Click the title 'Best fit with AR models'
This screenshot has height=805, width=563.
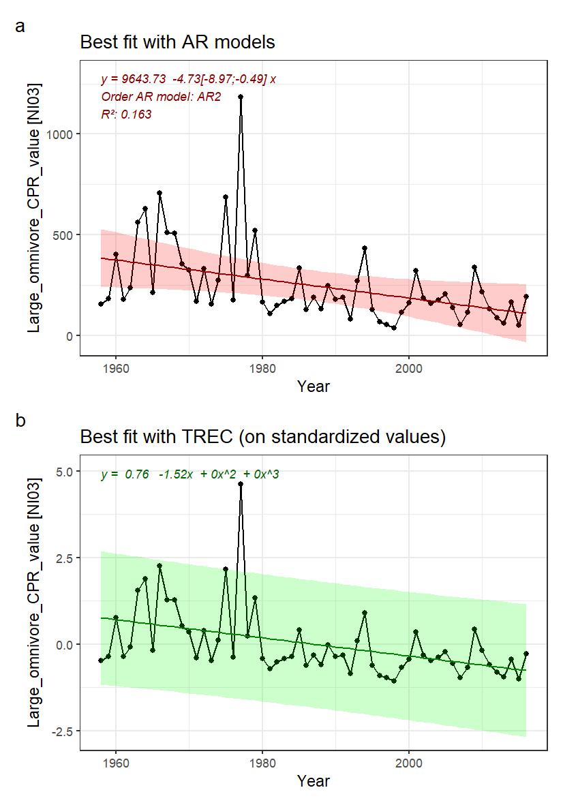click(x=177, y=42)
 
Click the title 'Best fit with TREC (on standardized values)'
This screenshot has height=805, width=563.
click(x=262, y=437)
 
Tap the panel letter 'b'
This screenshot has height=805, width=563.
click(x=20, y=421)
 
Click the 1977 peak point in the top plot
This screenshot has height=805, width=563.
click(x=241, y=97)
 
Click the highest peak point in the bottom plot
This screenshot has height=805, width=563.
click(x=241, y=484)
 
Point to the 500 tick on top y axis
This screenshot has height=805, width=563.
click(x=63, y=235)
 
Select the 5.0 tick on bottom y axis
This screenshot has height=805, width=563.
click(x=65, y=472)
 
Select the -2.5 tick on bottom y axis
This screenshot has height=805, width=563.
click(x=63, y=731)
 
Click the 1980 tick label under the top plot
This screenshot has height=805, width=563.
click(x=262, y=366)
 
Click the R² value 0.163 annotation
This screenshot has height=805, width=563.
click(x=126, y=115)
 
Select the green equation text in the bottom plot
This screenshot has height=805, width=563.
click(x=189, y=474)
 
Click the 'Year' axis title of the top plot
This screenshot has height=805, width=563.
click(x=313, y=386)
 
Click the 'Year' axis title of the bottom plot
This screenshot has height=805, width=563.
click(x=313, y=781)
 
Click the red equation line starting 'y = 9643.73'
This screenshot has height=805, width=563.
click(x=188, y=79)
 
